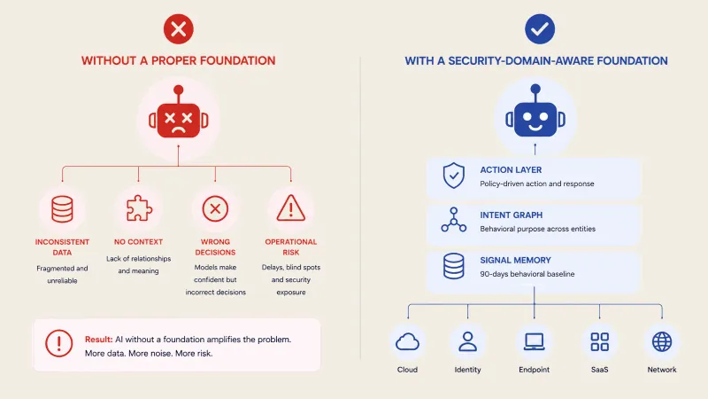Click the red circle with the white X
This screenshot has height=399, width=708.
[x=179, y=29]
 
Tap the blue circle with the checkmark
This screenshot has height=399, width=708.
[x=540, y=29]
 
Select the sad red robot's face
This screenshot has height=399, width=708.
[x=179, y=120]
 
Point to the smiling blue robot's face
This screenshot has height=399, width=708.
[x=535, y=120]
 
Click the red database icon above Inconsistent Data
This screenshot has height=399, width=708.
[x=62, y=209]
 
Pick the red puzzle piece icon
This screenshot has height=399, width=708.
[x=139, y=208]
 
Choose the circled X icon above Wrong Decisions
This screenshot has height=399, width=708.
[x=215, y=208]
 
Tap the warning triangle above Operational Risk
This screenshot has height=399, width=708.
[x=291, y=208]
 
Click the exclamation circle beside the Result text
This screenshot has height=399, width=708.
[x=58, y=343]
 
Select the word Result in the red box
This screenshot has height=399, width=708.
[x=98, y=340]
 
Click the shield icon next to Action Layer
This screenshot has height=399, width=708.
[x=454, y=176]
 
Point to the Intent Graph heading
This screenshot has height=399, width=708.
[x=512, y=215]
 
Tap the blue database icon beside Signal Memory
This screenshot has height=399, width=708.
[x=454, y=266]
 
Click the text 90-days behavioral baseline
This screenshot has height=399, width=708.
[x=527, y=274]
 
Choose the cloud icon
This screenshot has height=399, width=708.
[x=407, y=342]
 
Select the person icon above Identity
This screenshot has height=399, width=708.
[x=468, y=341]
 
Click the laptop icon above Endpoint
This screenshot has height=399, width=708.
[x=535, y=341]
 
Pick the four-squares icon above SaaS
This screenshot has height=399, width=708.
[x=600, y=342]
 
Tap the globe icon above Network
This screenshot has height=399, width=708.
[x=662, y=341]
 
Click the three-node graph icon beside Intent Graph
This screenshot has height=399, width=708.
[x=454, y=220]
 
